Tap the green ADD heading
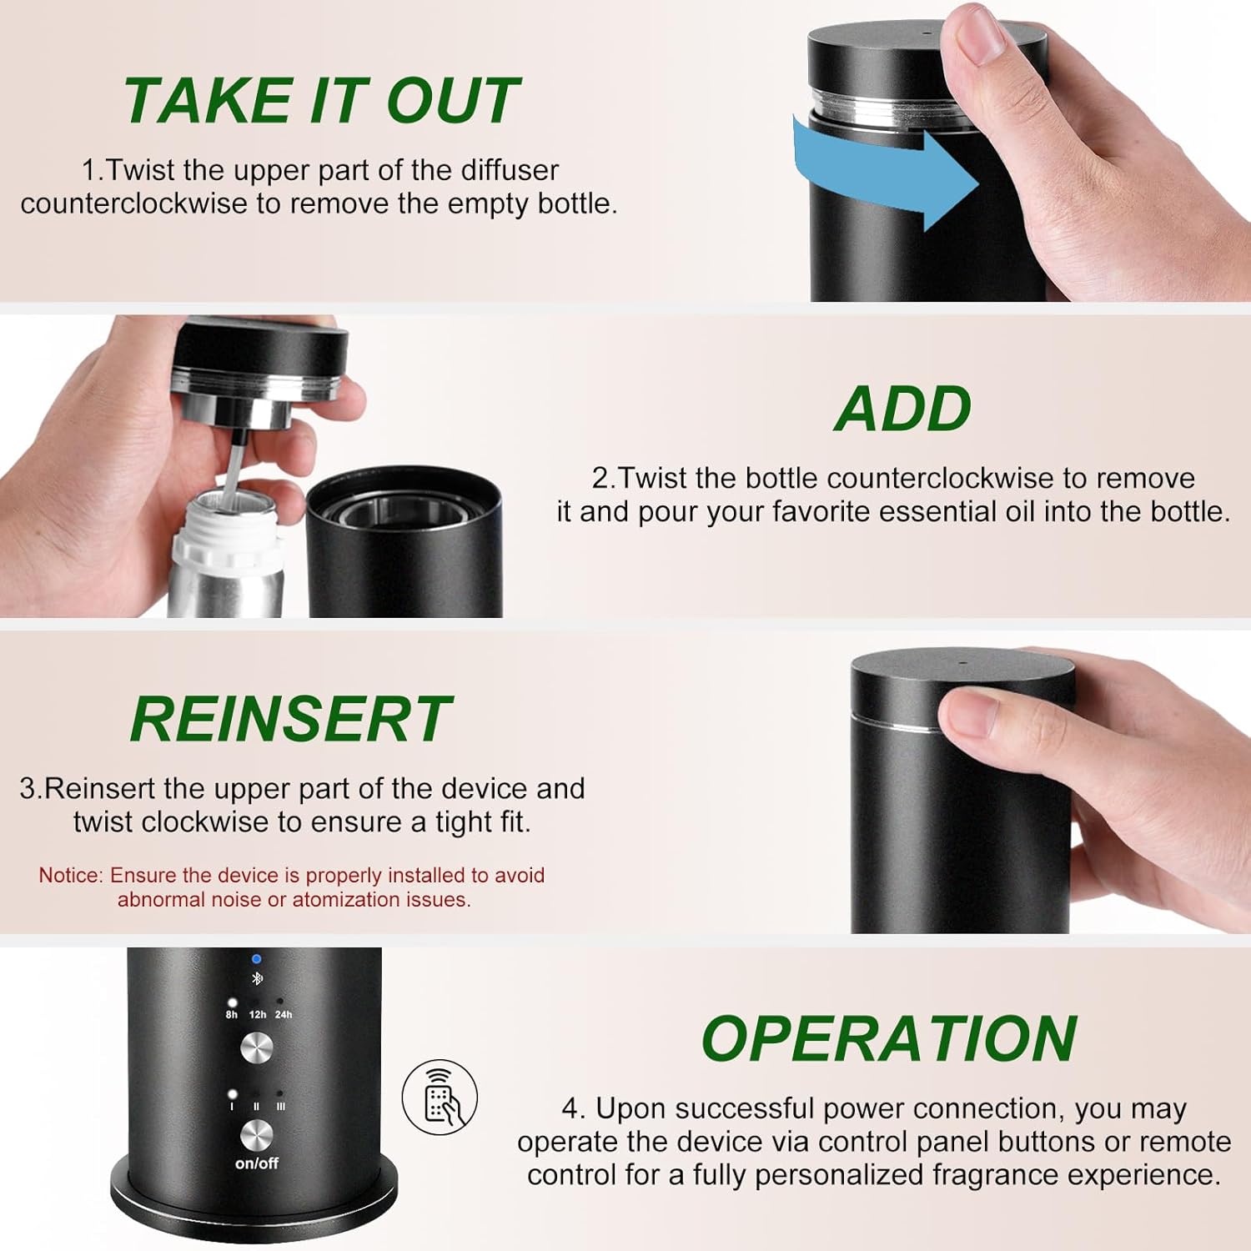coord(903,409)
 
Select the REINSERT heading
coord(290,719)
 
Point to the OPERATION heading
coord(889,1039)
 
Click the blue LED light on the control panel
coord(256,959)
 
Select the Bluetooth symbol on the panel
coord(257,978)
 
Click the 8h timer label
coord(232,1015)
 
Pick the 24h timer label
coord(284,1015)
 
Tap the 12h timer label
coord(258,1015)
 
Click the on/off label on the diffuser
coord(257,1163)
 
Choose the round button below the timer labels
coord(257,1048)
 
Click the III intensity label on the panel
coord(280,1107)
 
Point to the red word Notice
coord(70,875)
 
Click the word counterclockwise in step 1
coord(134,203)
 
